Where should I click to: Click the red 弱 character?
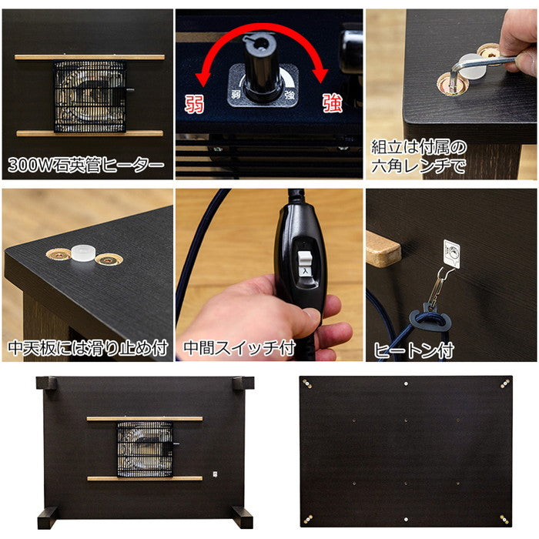click(195, 103)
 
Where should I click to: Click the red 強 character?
click(332, 103)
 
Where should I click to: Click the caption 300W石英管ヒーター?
click(86, 166)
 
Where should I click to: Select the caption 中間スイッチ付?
click(239, 348)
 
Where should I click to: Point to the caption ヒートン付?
click(414, 350)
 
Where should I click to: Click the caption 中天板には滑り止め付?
click(88, 348)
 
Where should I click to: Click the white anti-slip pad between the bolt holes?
click(83, 253)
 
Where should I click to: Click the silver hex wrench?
click(481, 64)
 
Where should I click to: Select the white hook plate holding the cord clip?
click(451, 253)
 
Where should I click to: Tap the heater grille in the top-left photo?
click(90, 96)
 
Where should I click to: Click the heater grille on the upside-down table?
click(145, 449)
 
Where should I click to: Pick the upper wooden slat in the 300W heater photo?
click(89, 57)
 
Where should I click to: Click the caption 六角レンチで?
click(419, 166)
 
